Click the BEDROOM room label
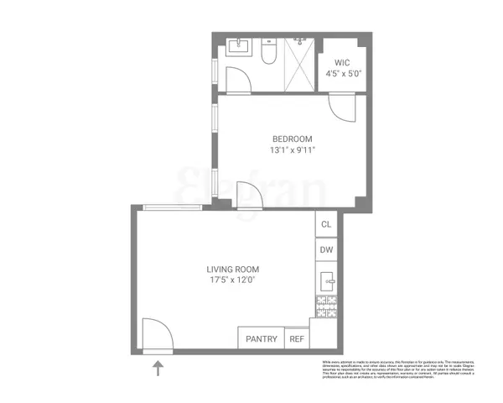point(292,139)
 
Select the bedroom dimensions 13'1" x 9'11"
point(292,151)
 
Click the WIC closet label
point(342,62)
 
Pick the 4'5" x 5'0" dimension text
point(342,74)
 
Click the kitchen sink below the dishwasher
point(327,280)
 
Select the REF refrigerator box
point(297,339)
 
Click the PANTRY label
point(261,339)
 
